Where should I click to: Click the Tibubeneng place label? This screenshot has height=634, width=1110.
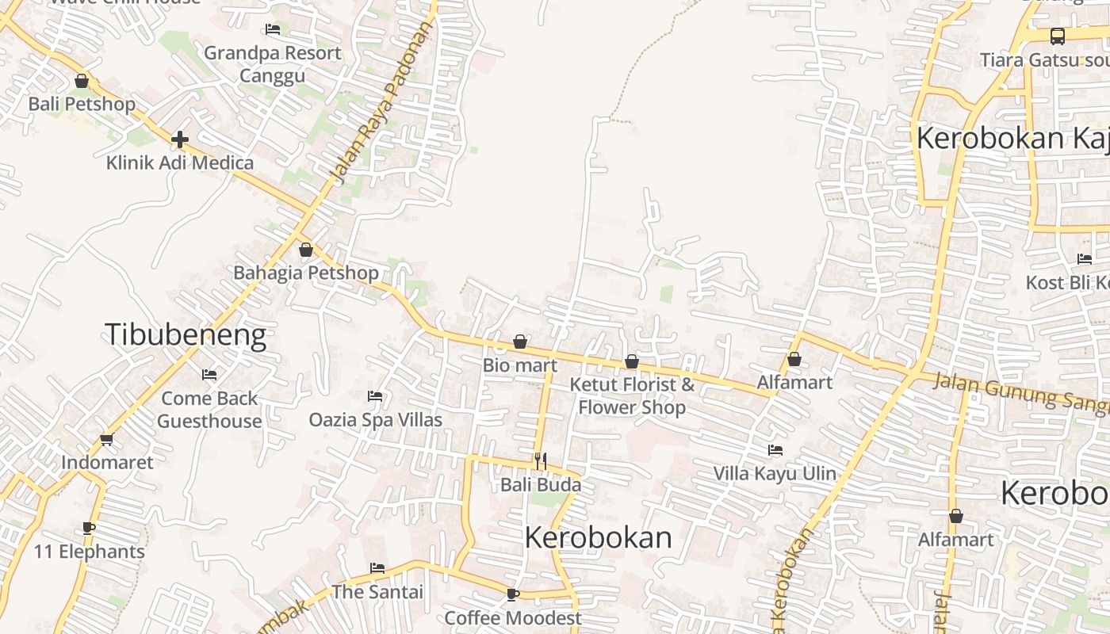click(x=186, y=335)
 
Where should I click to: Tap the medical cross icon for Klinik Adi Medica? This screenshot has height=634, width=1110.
click(x=180, y=139)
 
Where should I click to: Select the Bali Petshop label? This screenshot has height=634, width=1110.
click(x=82, y=104)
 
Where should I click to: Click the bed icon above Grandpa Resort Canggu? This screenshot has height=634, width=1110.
click(x=273, y=29)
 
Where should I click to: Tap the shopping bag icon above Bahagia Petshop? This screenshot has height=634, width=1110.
click(x=306, y=250)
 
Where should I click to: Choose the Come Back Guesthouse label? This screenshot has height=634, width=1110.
click(x=209, y=409)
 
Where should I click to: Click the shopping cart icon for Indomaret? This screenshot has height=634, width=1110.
click(x=107, y=439)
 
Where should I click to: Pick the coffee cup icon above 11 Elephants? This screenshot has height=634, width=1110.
click(x=89, y=528)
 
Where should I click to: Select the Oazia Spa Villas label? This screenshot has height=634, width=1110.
click(x=376, y=419)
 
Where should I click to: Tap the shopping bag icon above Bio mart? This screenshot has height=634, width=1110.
click(x=520, y=342)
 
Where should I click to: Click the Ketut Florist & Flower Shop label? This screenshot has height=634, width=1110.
click(x=632, y=395)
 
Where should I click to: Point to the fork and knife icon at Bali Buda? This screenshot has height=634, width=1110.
click(x=541, y=460)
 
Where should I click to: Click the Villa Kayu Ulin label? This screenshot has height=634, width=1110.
click(x=775, y=473)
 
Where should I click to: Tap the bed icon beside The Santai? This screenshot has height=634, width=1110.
click(x=377, y=568)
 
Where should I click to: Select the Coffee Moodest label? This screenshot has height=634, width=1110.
click(x=513, y=617)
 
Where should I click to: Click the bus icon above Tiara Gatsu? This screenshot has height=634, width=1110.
click(x=1058, y=36)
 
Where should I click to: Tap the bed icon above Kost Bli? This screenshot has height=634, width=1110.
click(x=1085, y=259)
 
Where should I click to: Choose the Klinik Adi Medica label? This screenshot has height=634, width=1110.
click(x=180, y=163)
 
